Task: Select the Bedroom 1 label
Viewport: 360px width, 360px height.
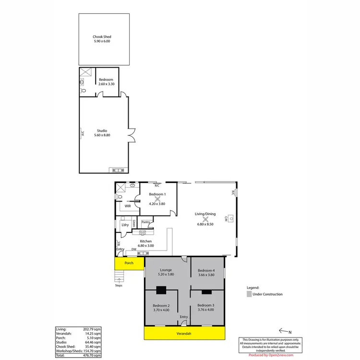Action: tap(157, 194)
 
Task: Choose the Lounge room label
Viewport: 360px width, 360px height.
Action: tap(166, 270)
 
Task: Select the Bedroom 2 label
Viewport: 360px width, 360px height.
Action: tap(161, 306)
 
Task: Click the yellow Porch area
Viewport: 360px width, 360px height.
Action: tap(129, 263)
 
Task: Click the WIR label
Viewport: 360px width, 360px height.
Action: tap(128, 206)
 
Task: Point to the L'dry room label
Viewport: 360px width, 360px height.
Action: tap(125, 225)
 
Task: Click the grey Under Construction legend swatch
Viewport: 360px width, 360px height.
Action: tap(249, 294)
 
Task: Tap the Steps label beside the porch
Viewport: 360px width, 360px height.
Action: tap(119, 285)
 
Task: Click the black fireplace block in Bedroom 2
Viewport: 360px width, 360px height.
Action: tap(162, 289)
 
